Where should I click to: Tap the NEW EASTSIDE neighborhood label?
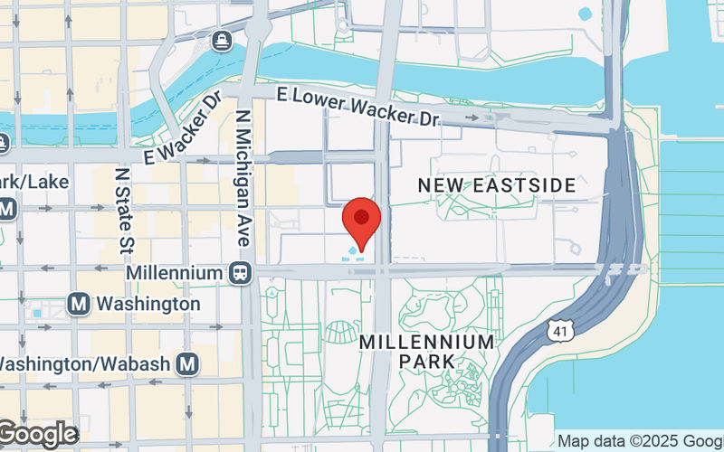496,185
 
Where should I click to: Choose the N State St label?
124,208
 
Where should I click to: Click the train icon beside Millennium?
241,272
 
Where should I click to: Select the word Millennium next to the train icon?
175,272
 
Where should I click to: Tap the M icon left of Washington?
79,304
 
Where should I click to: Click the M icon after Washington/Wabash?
186,363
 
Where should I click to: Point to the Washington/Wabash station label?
86,363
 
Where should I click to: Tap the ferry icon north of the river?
221,40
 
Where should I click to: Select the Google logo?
38,435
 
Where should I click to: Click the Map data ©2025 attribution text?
639,441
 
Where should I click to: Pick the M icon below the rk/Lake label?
7,210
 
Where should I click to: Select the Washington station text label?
148,304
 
